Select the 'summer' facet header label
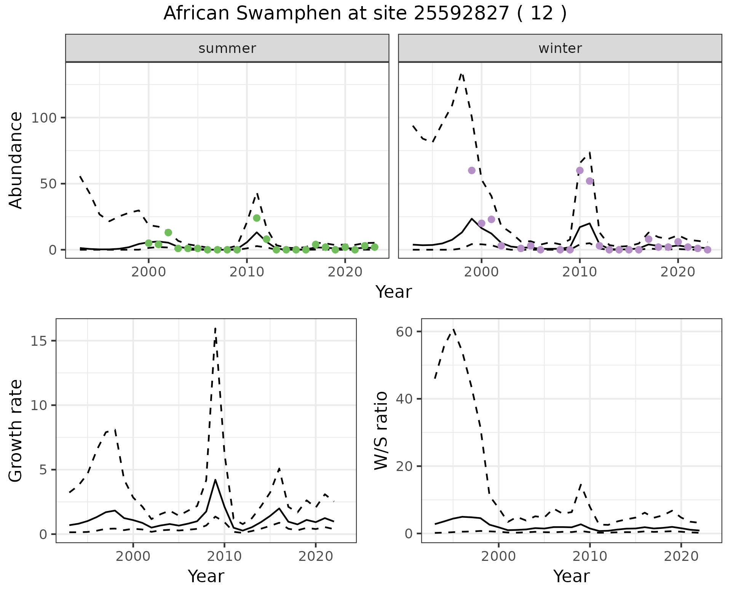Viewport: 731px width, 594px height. [x=227, y=48]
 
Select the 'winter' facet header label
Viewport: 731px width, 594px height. [x=560, y=48]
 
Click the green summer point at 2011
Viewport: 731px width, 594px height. [x=257, y=218]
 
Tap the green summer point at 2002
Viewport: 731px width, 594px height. [x=168, y=233]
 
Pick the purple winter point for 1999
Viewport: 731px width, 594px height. [x=472, y=171]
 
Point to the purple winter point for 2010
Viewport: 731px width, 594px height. [x=580, y=171]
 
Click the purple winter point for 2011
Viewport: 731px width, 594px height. [x=590, y=181]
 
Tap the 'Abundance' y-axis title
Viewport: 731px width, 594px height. [x=16, y=160]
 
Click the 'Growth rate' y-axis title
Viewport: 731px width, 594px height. [x=16, y=430]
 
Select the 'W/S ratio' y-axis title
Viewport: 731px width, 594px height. [x=381, y=430]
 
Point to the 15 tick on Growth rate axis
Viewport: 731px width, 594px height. [x=39, y=341]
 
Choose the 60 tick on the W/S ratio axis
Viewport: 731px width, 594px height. [x=404, y=332]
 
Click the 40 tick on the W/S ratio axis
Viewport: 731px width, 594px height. [x=404, y=399]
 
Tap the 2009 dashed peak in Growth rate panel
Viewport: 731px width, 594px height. [x=215, y=328]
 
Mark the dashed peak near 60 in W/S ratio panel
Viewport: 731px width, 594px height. [x=453, y=329]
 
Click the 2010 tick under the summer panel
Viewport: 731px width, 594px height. [x=247, y=273]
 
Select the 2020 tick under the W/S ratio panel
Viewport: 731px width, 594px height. [x=681, y=556]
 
